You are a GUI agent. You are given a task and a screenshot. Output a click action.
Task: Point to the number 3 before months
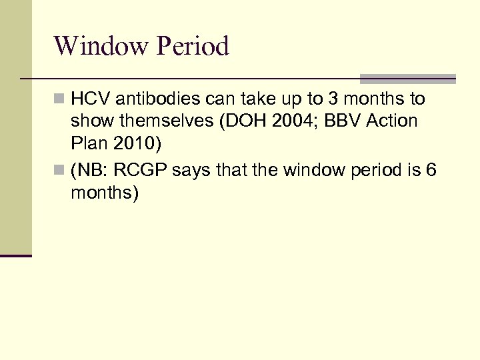331,99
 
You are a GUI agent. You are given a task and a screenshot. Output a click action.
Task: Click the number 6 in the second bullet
431,171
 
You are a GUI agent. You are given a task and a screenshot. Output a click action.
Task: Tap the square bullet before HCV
60,100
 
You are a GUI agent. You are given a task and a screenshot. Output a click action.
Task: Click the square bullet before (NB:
60,171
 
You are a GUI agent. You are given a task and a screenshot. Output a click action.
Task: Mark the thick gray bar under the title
407,79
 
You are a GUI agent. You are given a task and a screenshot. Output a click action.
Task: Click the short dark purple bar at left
16,255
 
